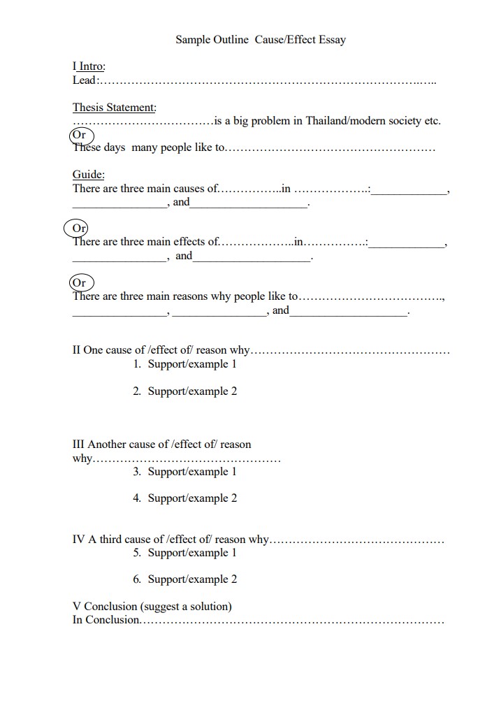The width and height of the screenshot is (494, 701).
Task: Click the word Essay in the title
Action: point(330,40)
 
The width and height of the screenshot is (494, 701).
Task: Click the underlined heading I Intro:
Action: point(89,66)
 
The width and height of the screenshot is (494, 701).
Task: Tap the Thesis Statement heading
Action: point(115,108)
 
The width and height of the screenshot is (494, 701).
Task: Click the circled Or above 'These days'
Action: point(79,135)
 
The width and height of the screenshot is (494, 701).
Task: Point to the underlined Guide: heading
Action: point(89,175)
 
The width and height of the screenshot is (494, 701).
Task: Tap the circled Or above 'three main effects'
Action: point(79,229)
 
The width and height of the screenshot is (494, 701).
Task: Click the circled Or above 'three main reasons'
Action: point(79,282)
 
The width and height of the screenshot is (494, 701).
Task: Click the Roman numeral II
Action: point(77,350)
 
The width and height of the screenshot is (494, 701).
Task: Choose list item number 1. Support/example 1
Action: point(185,364)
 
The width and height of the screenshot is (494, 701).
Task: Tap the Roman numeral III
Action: point(78,445)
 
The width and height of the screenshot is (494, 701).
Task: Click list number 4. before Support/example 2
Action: point(137,498)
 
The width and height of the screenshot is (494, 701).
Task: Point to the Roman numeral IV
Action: point(78,540)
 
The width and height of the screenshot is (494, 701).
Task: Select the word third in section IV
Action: point(112,540)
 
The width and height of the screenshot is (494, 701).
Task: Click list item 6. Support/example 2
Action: point(185,579)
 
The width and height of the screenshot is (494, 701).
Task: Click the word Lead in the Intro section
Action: point(84,80)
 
